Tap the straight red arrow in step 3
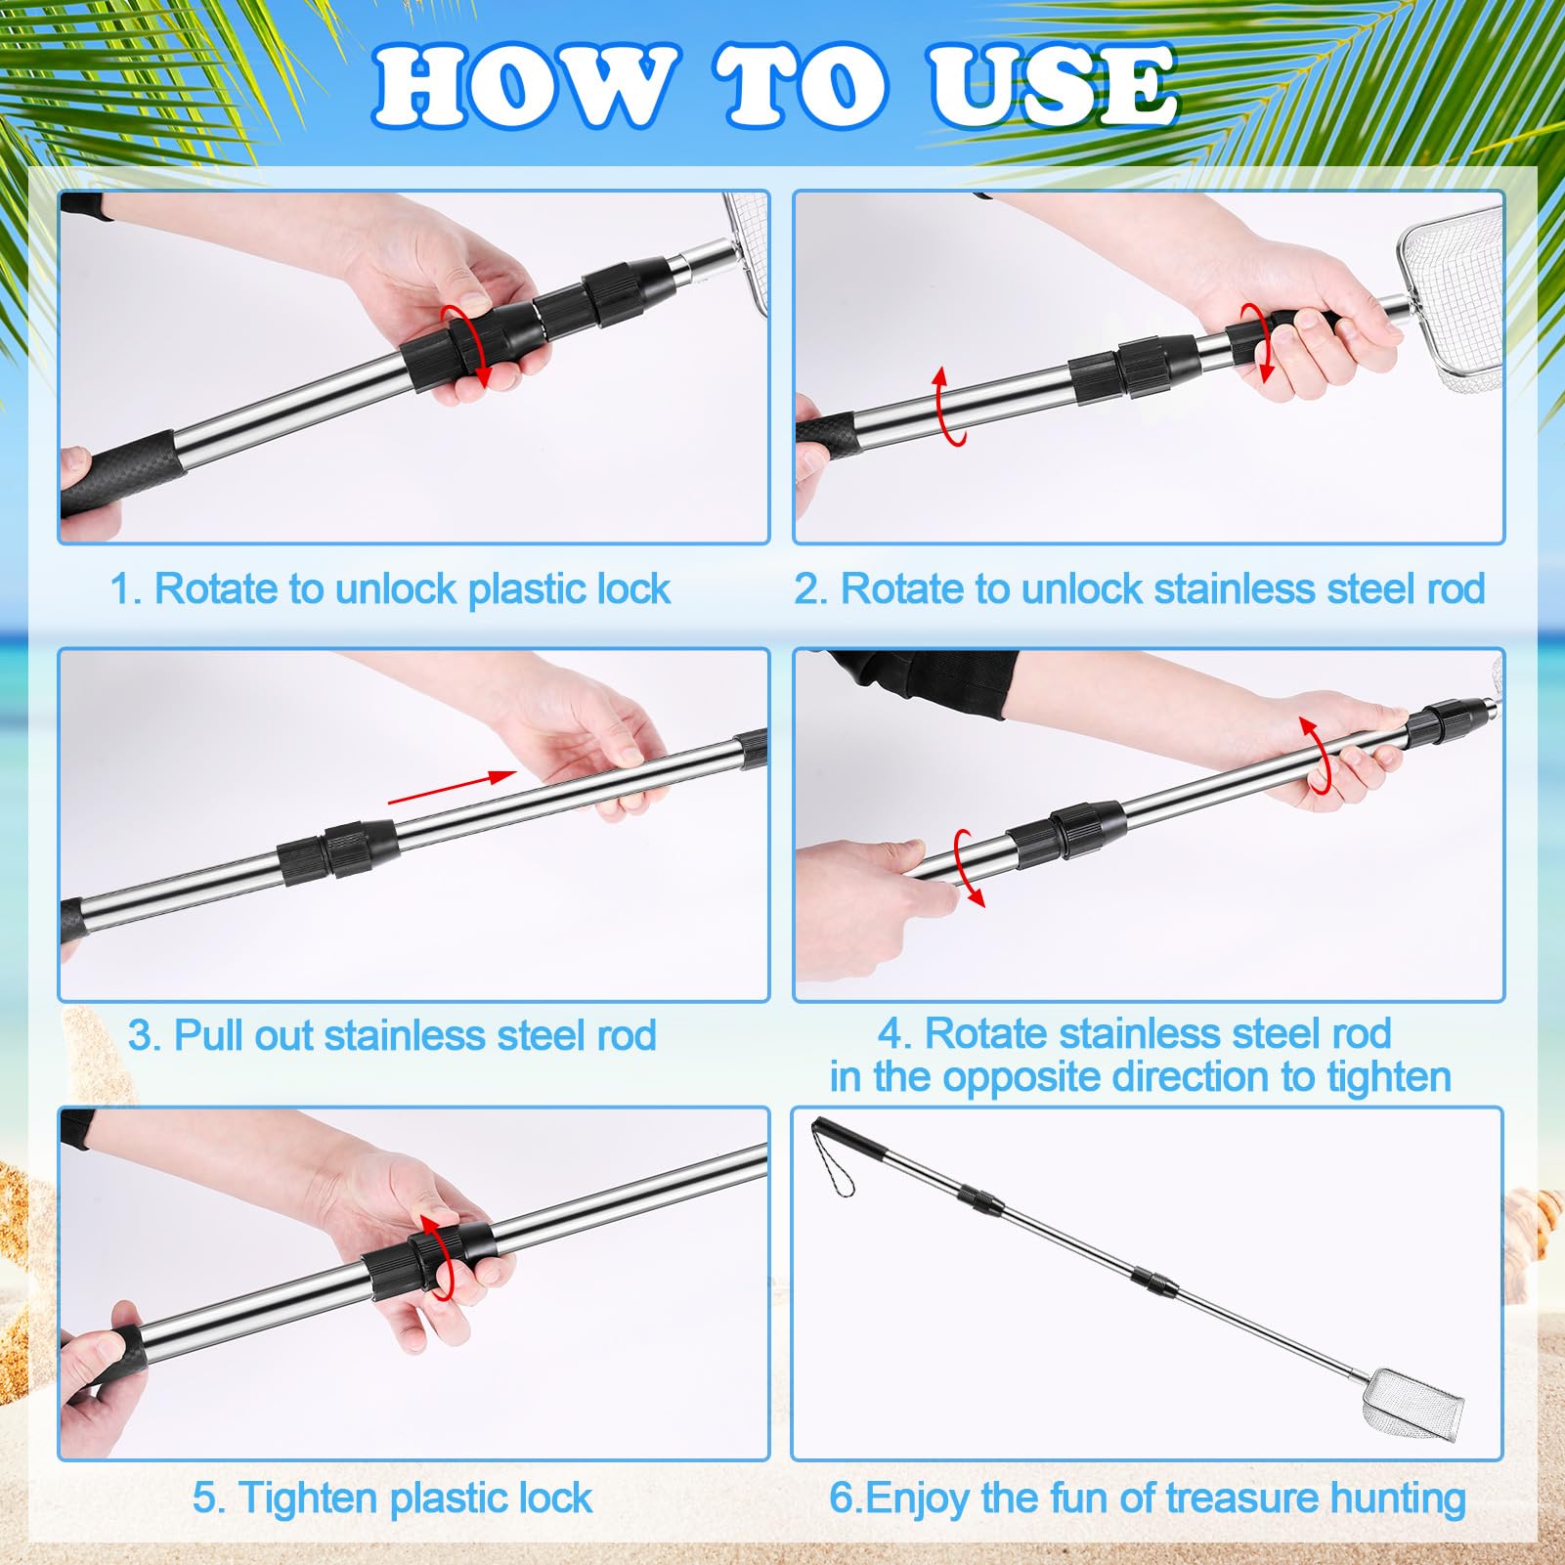pyautogui.click(x=453, y=788)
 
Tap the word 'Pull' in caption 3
pyautogui.click(x=209, y=1035)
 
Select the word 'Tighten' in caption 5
pyautogui.click(x=308, y=1499)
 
